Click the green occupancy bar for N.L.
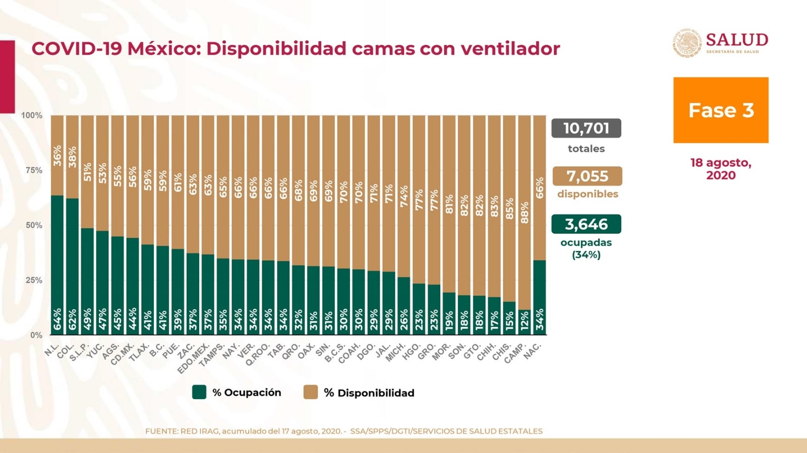57,265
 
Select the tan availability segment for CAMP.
525,213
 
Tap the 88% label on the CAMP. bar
525,213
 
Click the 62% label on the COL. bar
73,319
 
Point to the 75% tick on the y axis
34,170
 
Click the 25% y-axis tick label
34,280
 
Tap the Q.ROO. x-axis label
258,354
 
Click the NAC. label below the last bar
533,351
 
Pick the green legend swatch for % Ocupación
199,392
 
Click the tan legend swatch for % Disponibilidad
311,392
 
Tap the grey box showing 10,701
586,128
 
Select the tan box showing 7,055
587,176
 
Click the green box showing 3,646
586,224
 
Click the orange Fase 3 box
721,110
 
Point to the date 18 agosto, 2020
721,169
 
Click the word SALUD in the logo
737,40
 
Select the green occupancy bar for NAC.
540,298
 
